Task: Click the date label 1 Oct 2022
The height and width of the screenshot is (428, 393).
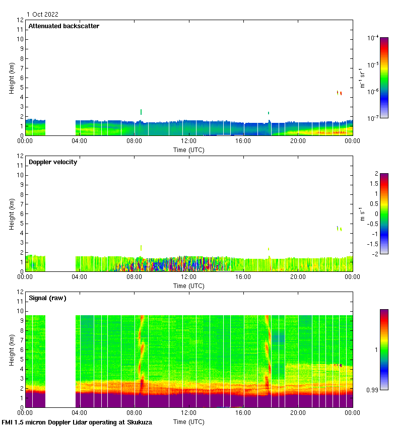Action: coord(43,15)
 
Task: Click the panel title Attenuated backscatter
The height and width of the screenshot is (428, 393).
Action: coord(63,26)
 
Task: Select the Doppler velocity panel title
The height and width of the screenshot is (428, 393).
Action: coord(52,162)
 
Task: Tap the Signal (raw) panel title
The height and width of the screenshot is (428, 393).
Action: coord(47,298)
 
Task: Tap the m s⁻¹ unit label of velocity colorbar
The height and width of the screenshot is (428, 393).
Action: coord(362,214)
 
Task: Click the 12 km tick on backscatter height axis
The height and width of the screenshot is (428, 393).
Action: coord(20,20)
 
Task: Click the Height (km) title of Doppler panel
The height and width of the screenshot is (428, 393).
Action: coord(12,214)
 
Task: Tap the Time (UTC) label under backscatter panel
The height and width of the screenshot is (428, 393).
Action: coord(189,150)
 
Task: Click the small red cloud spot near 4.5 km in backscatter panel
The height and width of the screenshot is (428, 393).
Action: coord(341,93)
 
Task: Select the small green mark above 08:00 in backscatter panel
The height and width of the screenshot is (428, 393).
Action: coord(141,112)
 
